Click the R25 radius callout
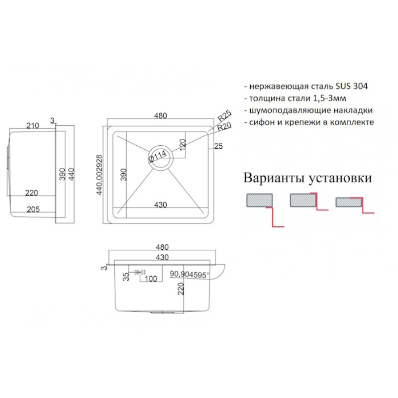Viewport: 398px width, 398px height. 225,117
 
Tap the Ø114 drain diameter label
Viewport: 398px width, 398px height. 157,158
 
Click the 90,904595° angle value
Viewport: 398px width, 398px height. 190,273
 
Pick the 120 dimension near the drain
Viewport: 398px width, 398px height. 183,144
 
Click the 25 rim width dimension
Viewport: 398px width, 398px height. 217,146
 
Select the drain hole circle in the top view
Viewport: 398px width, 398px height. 160,158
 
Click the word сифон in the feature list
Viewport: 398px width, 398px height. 260,122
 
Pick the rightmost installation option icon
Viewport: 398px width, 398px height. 350,201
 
